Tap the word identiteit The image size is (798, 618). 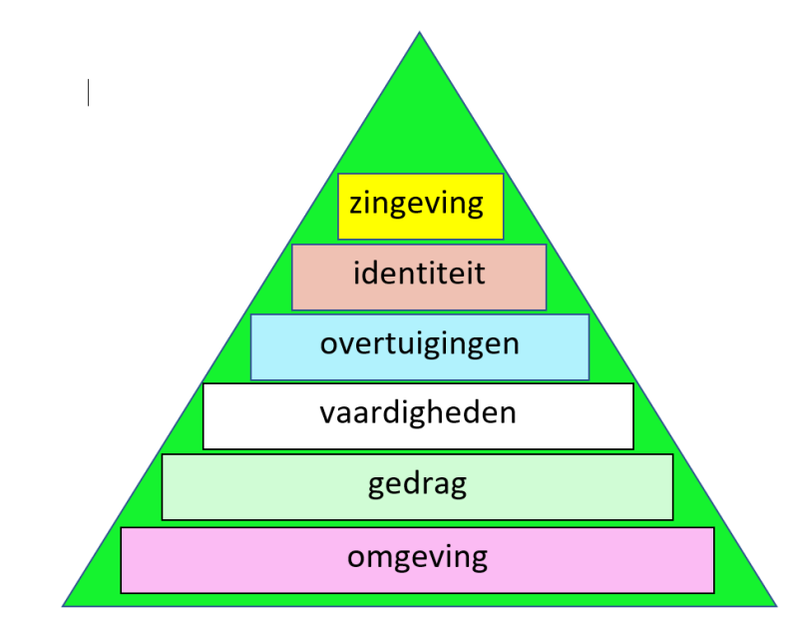419,272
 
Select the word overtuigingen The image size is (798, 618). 419,343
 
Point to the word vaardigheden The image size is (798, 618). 418,412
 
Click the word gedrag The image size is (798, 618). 417,485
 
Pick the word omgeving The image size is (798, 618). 417,557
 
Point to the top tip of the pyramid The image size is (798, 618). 419,34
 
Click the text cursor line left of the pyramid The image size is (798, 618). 88,92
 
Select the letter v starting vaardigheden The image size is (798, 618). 326,413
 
